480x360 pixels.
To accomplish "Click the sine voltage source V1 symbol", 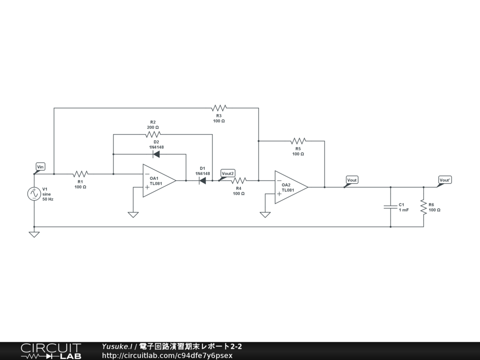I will (34, 194).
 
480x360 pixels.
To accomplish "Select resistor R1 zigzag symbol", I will (80, 174).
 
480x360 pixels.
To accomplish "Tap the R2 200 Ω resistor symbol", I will (153, 134).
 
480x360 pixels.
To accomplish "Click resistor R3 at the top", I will (219, 108).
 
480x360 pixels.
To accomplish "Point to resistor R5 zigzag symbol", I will (298, 141).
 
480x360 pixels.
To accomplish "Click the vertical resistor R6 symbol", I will (424, 207).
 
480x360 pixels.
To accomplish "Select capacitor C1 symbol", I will (390, 207).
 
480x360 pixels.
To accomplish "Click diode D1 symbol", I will (202, 180).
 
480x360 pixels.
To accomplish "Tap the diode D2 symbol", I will (156, 154).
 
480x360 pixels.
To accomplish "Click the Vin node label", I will (40, 167).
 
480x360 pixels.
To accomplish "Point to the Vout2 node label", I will (227, 173).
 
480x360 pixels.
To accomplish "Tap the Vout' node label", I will (445, 180).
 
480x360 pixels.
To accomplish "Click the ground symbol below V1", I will (34, 234).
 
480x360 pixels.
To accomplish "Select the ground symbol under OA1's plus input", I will (133, 215).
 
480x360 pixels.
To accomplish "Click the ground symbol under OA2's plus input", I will (265, 215).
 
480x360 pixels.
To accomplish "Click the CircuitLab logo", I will (51, 351).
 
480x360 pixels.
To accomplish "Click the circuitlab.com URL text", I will (167, 355).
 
